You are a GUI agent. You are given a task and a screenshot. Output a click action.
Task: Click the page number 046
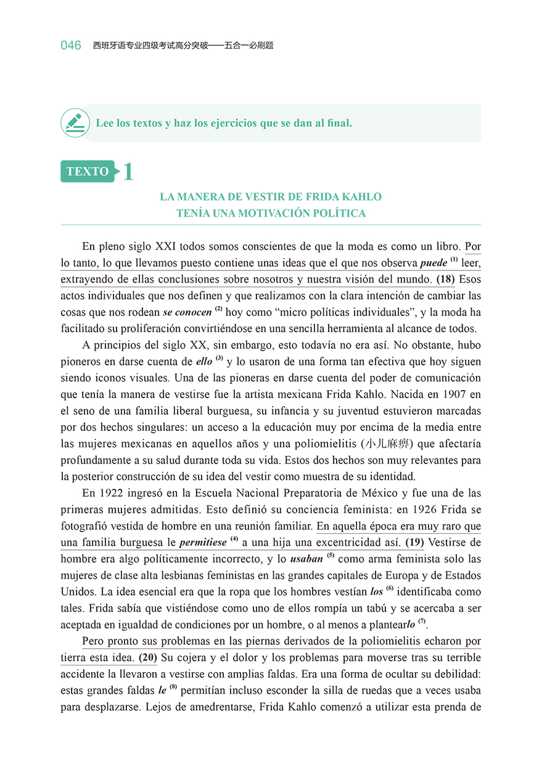[x=71, y=46]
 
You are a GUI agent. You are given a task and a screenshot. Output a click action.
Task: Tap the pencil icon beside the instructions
[x=75, y=122]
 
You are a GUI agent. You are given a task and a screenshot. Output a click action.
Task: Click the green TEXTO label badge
[x=88, y=172]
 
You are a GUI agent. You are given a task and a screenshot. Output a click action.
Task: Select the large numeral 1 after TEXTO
[x=128, y=172]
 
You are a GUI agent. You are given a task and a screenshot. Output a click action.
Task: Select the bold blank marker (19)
[x=414, y=543]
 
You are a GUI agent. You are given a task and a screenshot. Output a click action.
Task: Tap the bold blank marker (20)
[x=147, y=657]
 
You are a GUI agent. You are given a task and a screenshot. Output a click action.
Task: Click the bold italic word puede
[x=434, y=263]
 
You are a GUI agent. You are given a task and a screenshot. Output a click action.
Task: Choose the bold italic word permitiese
[x=203, y=543]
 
